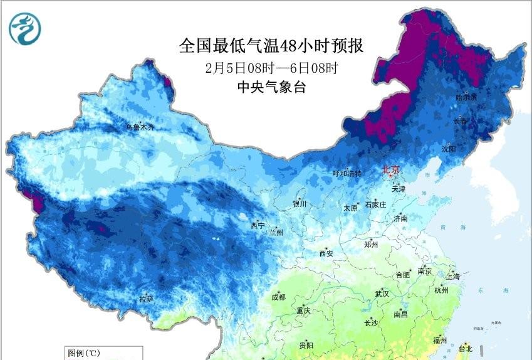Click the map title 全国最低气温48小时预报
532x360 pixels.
(271, 46)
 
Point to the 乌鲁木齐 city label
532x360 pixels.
(140, 127)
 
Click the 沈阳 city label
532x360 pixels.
(448, 149)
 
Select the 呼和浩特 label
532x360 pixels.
(347, 174)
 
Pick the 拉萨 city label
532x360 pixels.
(145, 299)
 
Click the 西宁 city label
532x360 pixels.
(258, 225)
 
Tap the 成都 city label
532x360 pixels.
(279, 297)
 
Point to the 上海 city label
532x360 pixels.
(452, 276)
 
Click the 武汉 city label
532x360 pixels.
(382, 294)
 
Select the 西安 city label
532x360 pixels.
(326, 253)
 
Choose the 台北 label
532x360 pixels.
(466, 348)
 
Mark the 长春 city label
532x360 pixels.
(461, 121)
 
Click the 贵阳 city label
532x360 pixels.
(306, 345)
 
